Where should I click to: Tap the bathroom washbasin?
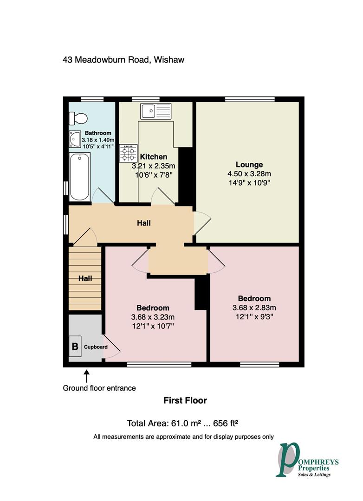(75, 139)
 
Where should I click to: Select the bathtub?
(80, 177)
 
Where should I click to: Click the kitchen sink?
(156, 111)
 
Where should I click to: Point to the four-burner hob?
(128, 153)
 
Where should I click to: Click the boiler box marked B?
(75, 347)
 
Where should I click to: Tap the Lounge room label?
(249, 165)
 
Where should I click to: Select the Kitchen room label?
(154, 157)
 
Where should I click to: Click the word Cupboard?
(96, 347)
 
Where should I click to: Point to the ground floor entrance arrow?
(86, 376)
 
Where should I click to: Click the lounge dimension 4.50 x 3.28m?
(249, 174)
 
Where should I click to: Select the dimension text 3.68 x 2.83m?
(254, 308)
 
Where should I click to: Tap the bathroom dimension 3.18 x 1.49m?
(98, 140)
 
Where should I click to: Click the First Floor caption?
(185, 400)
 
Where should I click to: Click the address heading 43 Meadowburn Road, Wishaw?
(123, 60)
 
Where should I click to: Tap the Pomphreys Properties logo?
(306, 460)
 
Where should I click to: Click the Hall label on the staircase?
(85, 279)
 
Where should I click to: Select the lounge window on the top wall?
(250, 99)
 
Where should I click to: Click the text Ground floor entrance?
(99, 388)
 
